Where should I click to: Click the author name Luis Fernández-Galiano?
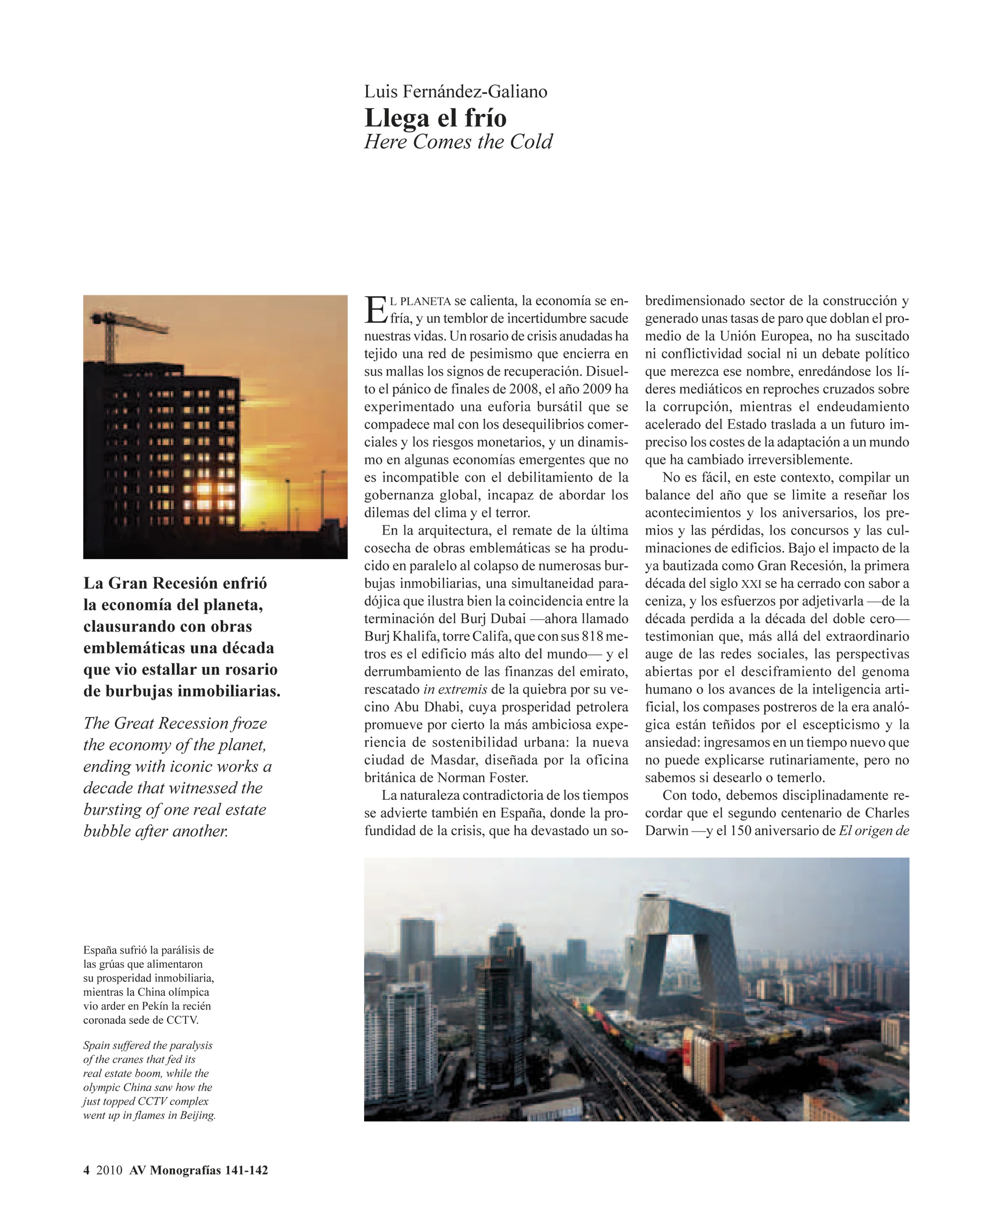(x=455, y=91)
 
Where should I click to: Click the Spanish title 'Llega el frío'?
(x=435, y=118)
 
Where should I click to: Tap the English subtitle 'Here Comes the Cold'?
(x=458, y=142)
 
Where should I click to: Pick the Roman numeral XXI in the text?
(x=750, y=584)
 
